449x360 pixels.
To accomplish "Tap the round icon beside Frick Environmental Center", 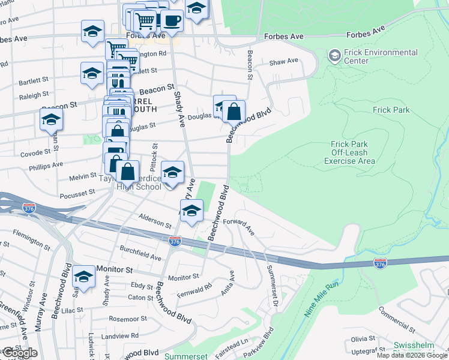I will click(x=334, y=56).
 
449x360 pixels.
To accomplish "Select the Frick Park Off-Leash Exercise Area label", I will click(x=350, y=152).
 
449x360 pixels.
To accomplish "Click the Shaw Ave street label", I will click(x=284, y=61).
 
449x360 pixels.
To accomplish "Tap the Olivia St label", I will click(x=363, y=338).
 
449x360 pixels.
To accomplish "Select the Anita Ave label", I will click(x=229, y=284).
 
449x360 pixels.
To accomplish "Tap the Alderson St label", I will click(x=155, y=221).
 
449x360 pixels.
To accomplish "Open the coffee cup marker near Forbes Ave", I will click(x=172, y=20).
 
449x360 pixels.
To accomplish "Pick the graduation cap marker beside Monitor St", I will click(x=84, y=277).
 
